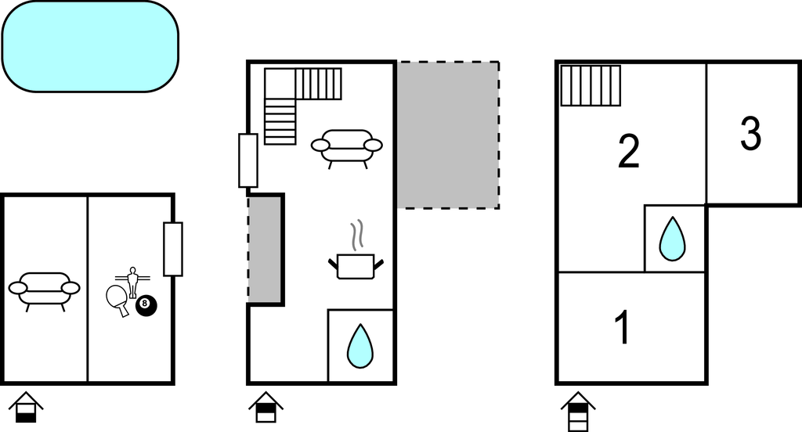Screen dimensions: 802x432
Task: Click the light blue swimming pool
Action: (x=91, y=46)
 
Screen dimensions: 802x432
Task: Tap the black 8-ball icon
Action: (x=146, y=305)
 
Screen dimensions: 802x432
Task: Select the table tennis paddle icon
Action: (x=118, y=300)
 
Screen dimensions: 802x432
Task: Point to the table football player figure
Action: (x=133, y=282)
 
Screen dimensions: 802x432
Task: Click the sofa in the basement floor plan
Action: (x=45, y=291)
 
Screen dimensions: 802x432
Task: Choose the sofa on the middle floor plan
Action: (x=347, y=148)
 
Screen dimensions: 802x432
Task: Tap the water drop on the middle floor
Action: (x=360, y=346)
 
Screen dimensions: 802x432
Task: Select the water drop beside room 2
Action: (x=672, y=239)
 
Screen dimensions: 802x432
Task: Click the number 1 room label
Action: (x=623, y=328)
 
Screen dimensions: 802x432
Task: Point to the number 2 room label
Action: (x=629, y=151)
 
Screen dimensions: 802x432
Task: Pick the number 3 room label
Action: (x=751, y=133)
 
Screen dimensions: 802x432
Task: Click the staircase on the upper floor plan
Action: (x=591, y=85)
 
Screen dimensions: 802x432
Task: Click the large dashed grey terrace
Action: (x=449, y=135)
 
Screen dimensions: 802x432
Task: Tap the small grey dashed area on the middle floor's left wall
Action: (x=265, y=250)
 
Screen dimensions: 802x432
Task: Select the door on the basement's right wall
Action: (x=173, y=249)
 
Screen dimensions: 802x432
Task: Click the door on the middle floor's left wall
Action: (x=248, y=160)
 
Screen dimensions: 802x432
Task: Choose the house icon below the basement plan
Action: (x=26, y=407)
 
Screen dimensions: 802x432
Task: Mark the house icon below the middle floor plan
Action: (x=266, y=407)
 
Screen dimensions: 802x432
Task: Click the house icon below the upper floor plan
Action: (x=578, y=411)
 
